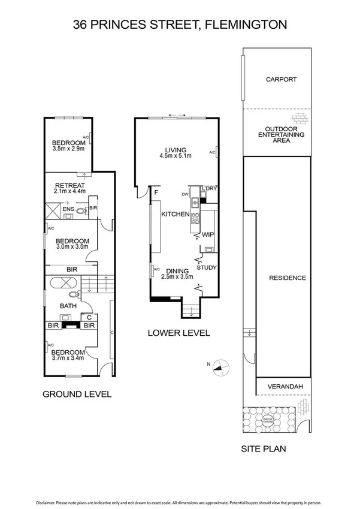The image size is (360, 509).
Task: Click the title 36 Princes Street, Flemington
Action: tap(180, 25)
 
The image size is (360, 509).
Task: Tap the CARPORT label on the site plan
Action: tap(281, 79)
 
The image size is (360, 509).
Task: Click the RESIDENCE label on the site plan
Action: tap(288, 278)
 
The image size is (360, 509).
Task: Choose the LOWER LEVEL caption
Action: tap(179, 333)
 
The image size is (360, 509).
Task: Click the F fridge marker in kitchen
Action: tap(156, 192)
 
